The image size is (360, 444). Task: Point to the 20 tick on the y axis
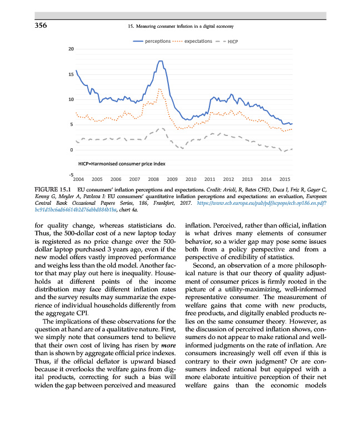pos(71,49)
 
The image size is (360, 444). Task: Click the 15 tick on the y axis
pos(71,74)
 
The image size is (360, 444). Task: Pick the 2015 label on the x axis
pos(285,180)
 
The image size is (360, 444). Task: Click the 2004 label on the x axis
pos(78,180)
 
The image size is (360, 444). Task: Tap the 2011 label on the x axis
pos(209,180)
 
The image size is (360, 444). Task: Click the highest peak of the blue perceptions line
pos(160,61)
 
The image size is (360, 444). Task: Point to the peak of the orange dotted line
pos(159,89)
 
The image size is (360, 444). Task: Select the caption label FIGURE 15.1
pos(52,191)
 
